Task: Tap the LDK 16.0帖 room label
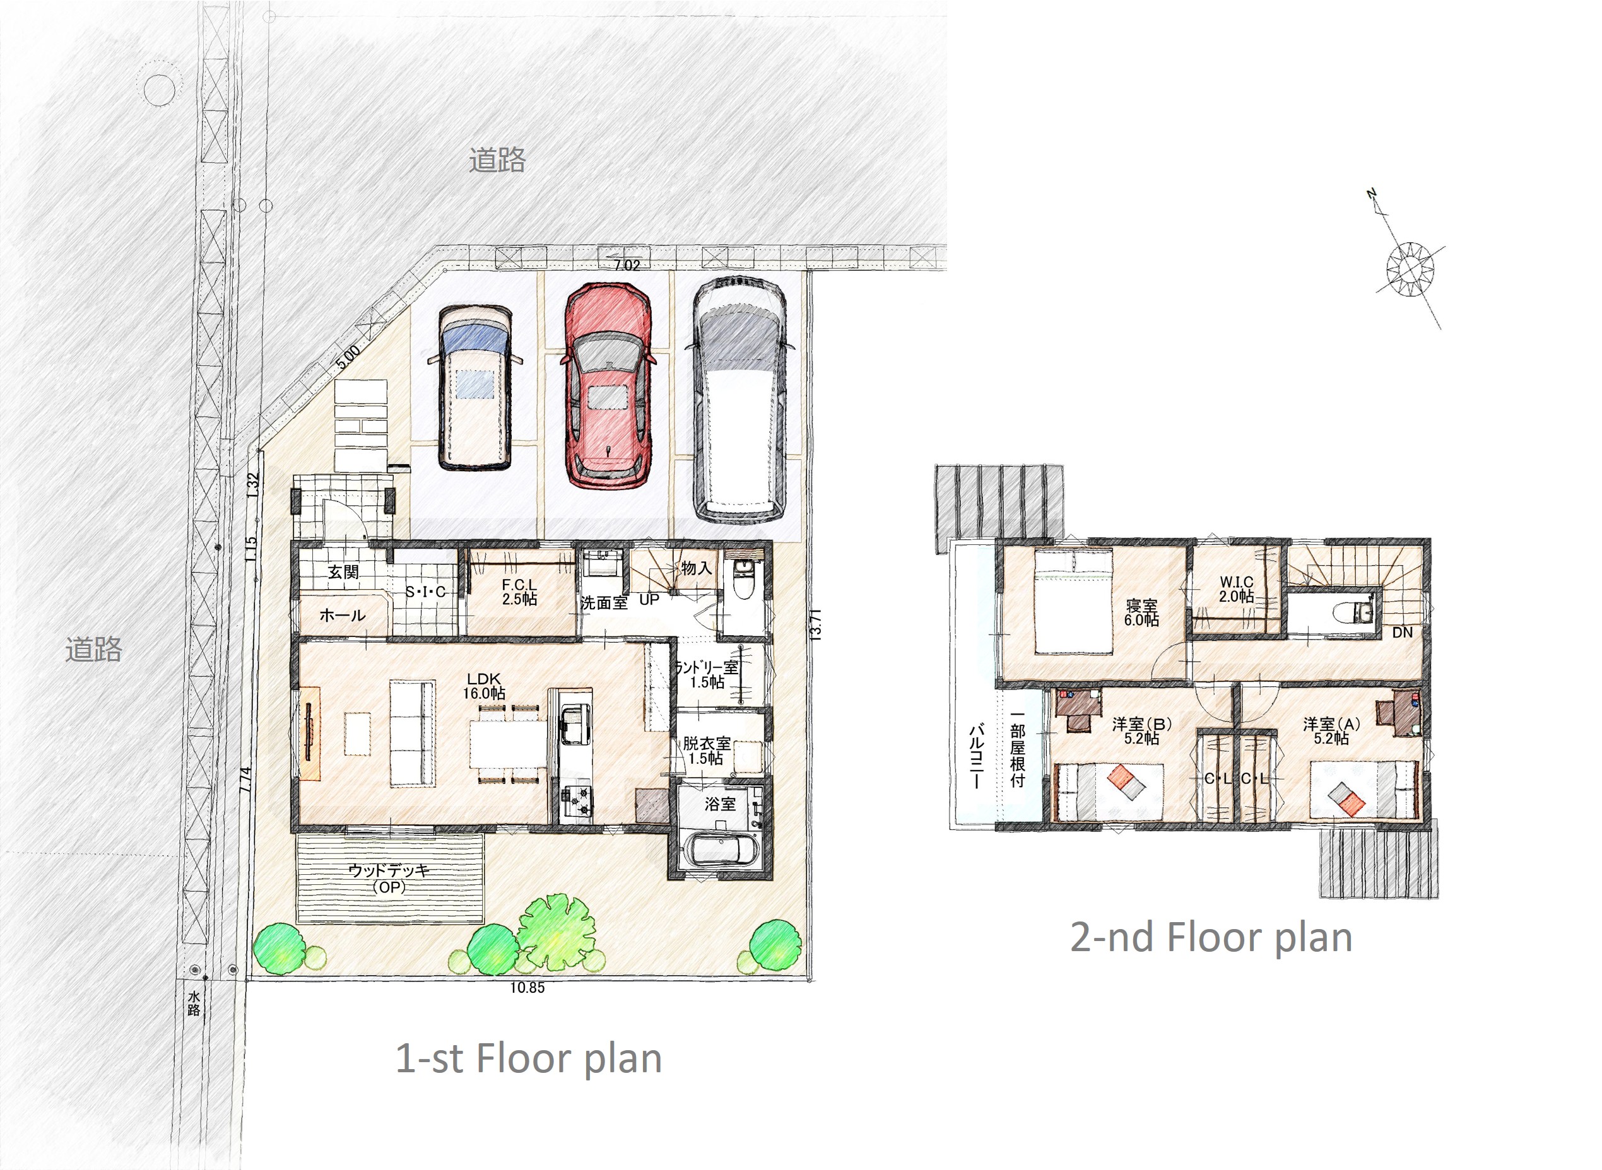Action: [x=484, y=686]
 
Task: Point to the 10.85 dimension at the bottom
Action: [x=527, y=987]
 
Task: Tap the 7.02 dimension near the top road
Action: [x=627, y=266]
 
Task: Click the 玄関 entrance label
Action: [x=343, y=571]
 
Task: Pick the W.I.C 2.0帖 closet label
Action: [x=1237, y=589]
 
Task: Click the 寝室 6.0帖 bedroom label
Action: [x=1141, y=612]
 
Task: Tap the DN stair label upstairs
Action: [x=1402, y=633]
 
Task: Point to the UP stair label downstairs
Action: [x=649, y=599]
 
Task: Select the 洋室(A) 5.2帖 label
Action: [x=1331, y=731]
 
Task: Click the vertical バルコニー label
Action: [x=975, y=756]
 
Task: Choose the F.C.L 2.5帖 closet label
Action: [x=519, y=592]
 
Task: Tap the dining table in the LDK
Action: [x=508, y=744]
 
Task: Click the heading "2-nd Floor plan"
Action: [x=1211, y=937]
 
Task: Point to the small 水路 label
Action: [x=194, y=1004]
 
